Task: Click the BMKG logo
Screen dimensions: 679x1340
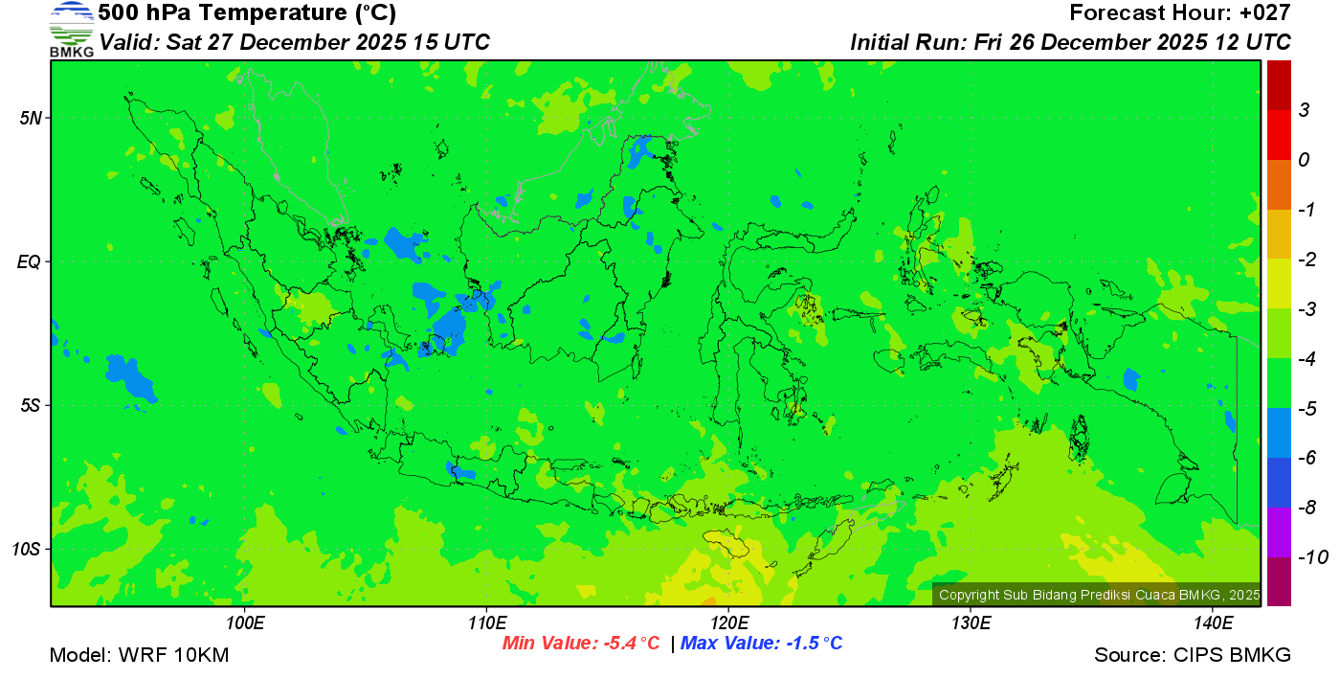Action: pyautogui.click(x=72, y=30)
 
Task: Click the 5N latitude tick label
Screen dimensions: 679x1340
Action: pyautogui.click(x=30, y=118)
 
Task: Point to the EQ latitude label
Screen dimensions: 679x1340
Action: pyautogui.click(x=30, y=261)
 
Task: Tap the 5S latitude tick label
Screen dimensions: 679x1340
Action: pyautogui.click(x=30, y=405)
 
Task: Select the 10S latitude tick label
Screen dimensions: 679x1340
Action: pyautogui.click(x=27, y=549)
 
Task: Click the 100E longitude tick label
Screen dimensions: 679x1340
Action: pyautogui.click(x=245, y=623)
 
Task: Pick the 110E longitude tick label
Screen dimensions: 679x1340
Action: pyautogui.click(x=486, y=623)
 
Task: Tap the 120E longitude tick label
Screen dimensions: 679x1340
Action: pyautogui.click(x=728, y=623)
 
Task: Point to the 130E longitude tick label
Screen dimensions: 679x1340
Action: pyautogui.click(x=971, y=623)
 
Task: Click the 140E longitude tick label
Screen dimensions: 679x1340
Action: pyautogui.click(x=1213, y=623)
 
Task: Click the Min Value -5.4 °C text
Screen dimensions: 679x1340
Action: pyautogui.click(x=581, y=644)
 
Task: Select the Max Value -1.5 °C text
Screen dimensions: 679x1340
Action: pyautogui.click(x=762, y=644)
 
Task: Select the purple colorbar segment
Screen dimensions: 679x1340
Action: pyautogui.click(x=1279, y=532)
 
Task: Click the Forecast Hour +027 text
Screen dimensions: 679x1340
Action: pyautogui.click(x=1180, y=13)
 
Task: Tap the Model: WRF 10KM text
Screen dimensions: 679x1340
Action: pyautogui.click(x=139, y=655)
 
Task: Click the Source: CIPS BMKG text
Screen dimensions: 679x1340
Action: pyautogui.click(x=1193, y=655)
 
